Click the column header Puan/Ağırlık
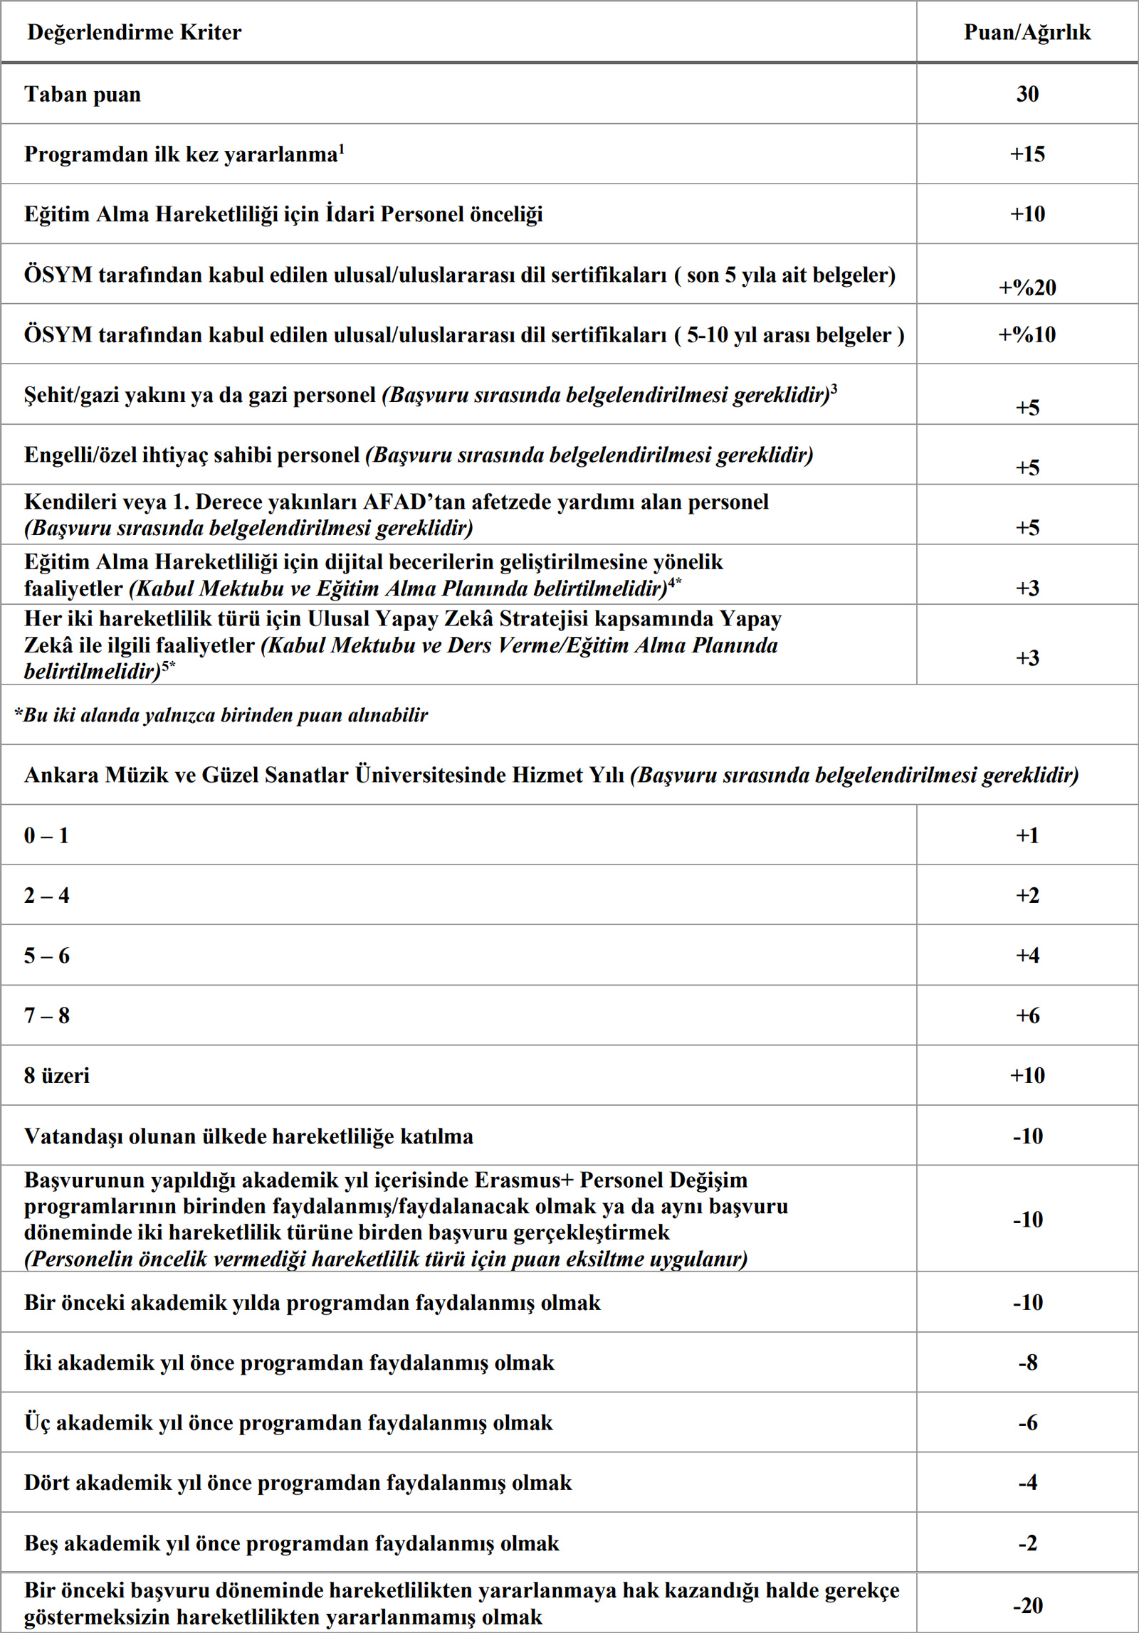tap(1027, 32)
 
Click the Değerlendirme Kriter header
tap(134, 32)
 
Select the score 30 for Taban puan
tap(1027, 94)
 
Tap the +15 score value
tap(1027, 154)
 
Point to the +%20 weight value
tap(1027, 287)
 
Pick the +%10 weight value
tap(1027, 334)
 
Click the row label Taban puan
tap(83, 95)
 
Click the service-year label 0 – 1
tap(46, 835)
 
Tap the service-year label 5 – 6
tap(46, 956)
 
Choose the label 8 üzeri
tap(57, 1075)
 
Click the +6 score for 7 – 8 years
tap(1027, 1015)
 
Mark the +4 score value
tap(1027, 955)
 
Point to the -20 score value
tap(1027, 1605)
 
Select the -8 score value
tap(1027, 1363)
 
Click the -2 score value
tap(1027, 1543)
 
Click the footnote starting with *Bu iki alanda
tap(221, 715)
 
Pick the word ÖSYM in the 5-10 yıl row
tap(58, 334)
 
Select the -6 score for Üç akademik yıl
tap(1027, 1422)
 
